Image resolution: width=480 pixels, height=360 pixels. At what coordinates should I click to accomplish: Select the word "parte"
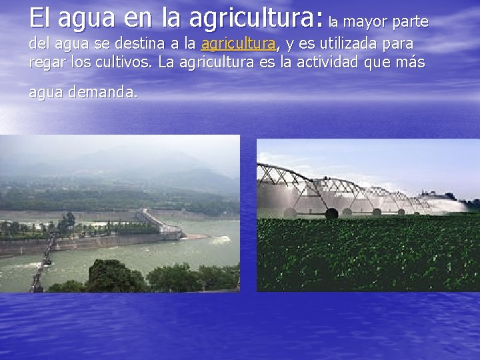(410, 22)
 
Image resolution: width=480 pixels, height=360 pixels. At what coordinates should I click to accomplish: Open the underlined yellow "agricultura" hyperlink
(238, 44)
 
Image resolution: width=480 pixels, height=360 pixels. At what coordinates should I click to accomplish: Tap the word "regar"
(46, 63)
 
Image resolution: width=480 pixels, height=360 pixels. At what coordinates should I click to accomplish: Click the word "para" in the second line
(399, 45)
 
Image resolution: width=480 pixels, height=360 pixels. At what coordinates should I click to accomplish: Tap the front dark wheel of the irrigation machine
(331, 214)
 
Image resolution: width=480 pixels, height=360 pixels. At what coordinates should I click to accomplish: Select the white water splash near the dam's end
(191, 236)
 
